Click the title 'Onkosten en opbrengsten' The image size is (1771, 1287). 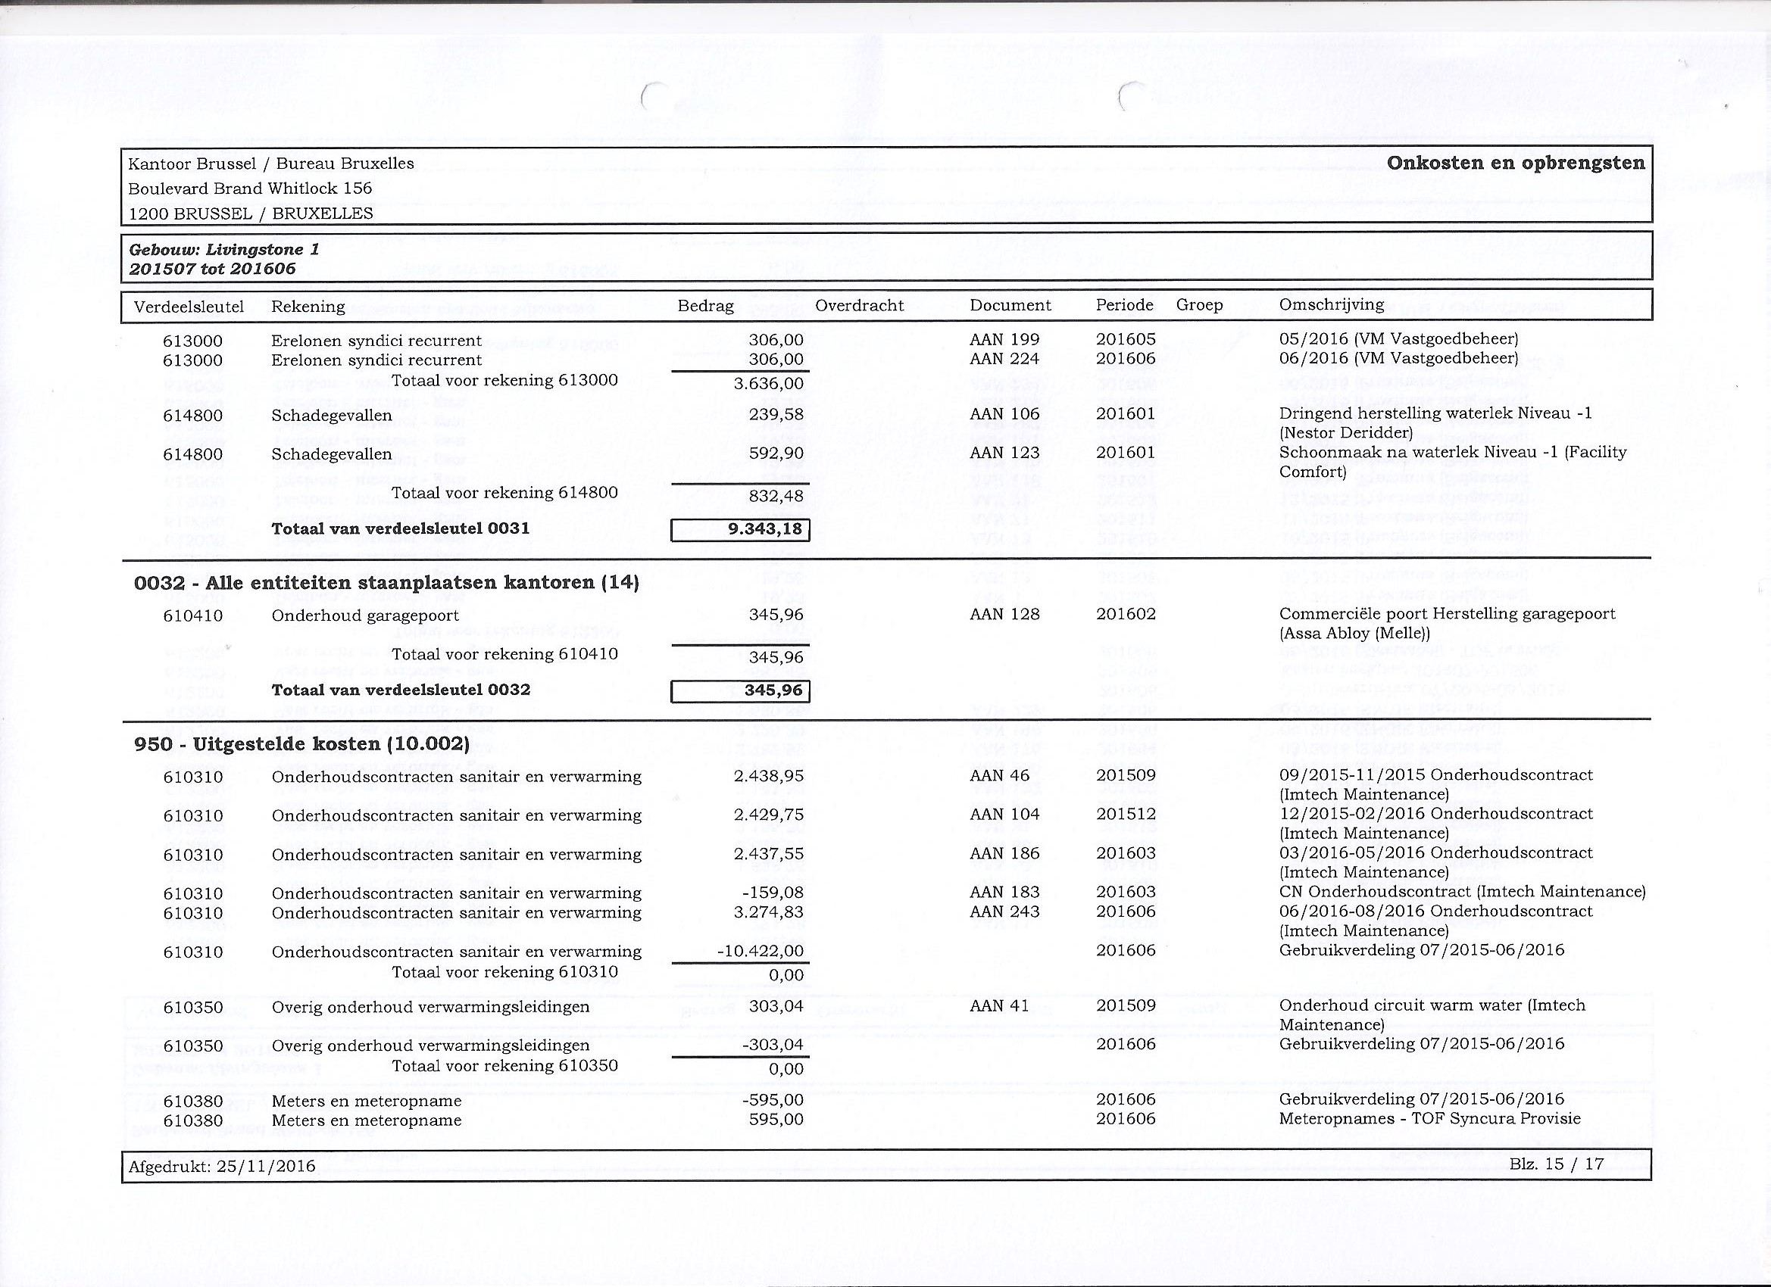[x=1516, y=163]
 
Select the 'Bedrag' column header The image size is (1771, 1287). [x=705, y=306]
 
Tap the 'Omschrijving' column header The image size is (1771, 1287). [x=1332, y=304]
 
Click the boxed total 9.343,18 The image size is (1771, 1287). [x=740, y=530]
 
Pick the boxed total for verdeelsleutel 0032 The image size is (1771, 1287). [x=740, y=691]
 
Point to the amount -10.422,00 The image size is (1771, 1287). [x=760, y=952]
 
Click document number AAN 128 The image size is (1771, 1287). [x=1004, y=614]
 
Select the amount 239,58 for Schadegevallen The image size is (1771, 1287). [x=776, y=414]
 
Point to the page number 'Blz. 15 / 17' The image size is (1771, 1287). [x=1557, y=1164]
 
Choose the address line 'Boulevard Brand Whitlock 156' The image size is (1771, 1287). [x=250, y=188]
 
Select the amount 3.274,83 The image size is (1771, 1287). [x=768, y=912]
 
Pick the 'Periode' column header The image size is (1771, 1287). [x=1123, y=305]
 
